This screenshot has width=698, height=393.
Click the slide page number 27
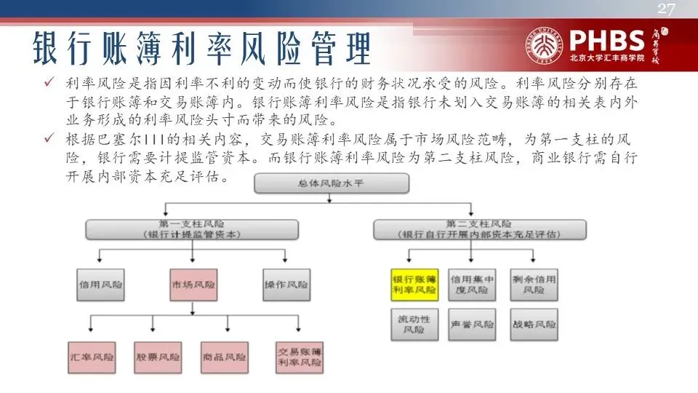point(667,9)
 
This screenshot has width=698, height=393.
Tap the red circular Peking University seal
point(550,43)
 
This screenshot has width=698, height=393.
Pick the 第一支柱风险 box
point(192,229)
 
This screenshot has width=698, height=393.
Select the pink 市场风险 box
point(192,285)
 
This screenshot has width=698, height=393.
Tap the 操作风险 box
point(286,285)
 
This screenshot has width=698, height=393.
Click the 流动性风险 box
point(414,325)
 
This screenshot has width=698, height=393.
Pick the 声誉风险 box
point(471,325)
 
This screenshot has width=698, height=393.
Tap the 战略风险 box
point(533,325)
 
